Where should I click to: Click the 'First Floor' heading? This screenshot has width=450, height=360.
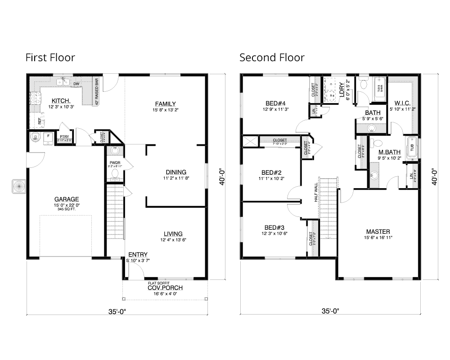[50, 58]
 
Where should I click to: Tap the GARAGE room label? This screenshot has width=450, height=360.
[67, 199]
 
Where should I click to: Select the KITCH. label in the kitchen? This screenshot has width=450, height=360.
[61, 100]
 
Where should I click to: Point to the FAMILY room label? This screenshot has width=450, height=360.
[165, 103]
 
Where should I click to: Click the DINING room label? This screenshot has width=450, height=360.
[176, 172]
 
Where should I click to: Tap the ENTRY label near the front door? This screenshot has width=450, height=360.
[138, 255]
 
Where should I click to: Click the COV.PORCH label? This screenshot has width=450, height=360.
[165, 288]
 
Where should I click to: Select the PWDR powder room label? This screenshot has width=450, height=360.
[114, 162]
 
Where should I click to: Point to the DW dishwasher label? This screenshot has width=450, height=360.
[76, 84]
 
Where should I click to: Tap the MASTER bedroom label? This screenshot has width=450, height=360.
[378, 231]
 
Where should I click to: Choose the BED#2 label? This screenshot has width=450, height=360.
[271, 172]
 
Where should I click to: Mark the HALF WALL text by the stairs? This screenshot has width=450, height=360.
[316, 192]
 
